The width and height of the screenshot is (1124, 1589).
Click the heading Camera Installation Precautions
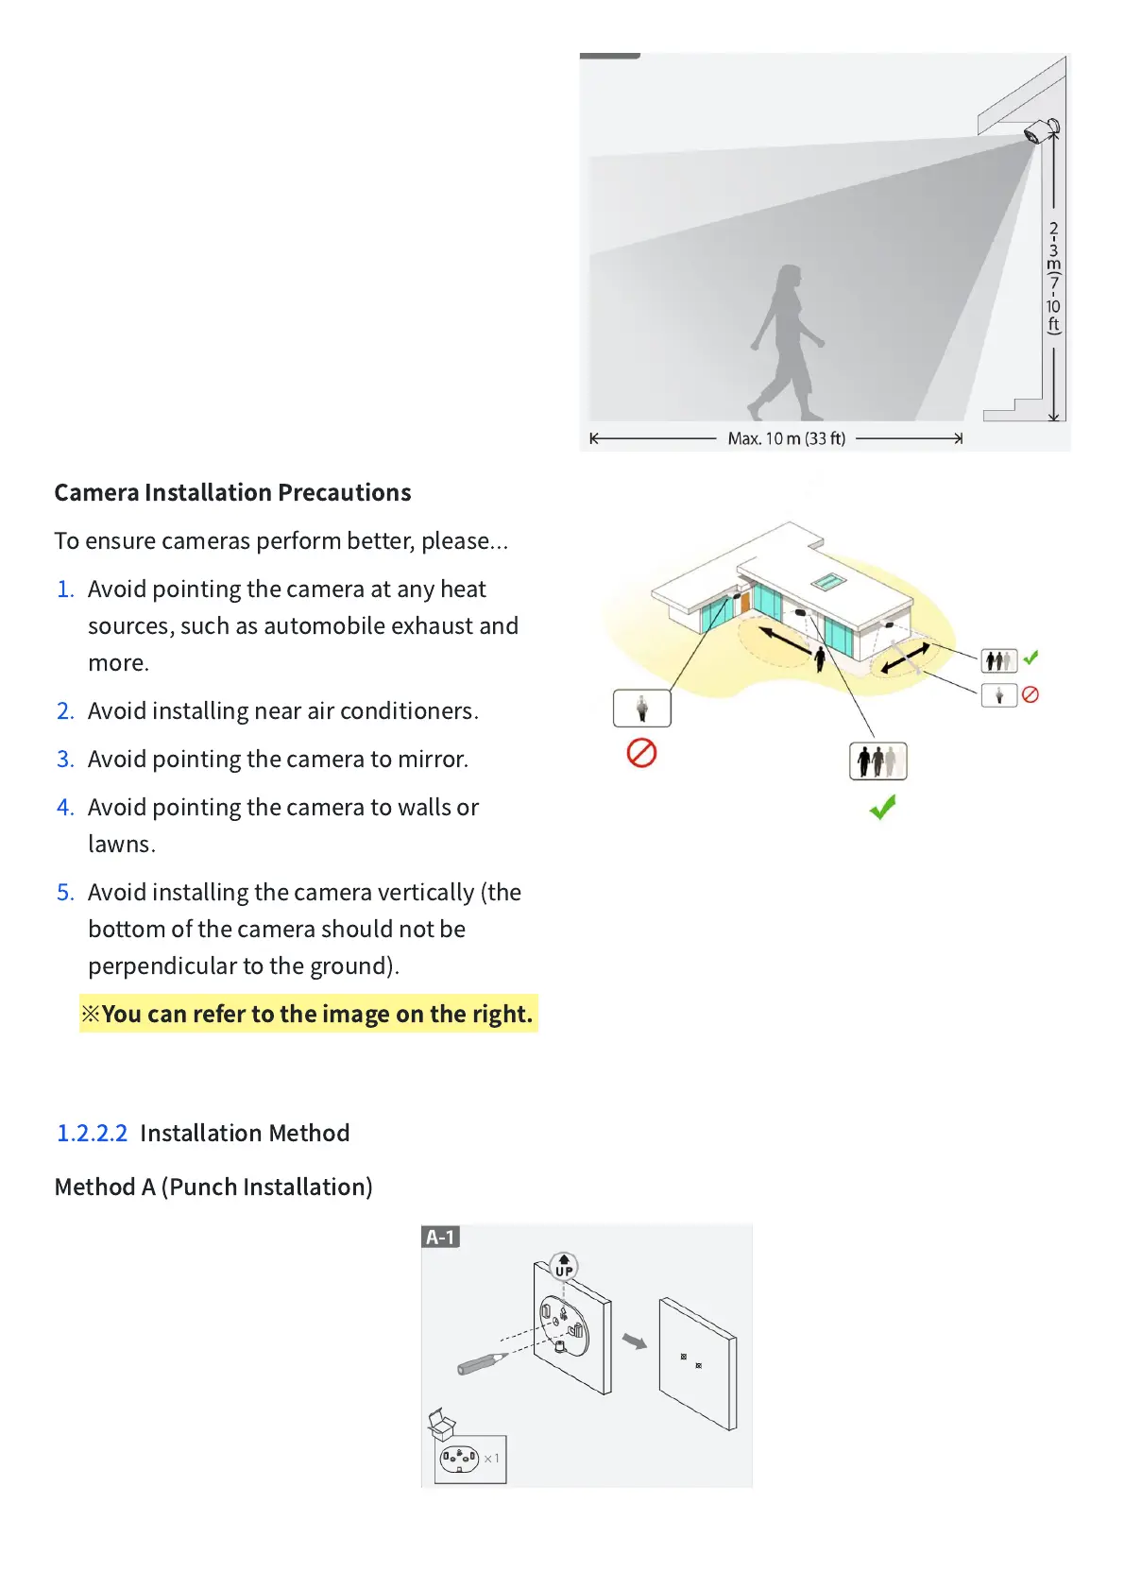point(232,492)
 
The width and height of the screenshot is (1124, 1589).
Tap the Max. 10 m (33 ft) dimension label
point(786,438)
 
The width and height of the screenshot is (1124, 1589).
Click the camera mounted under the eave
point(1042,130)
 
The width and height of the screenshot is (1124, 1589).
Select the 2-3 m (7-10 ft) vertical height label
point(1053,278)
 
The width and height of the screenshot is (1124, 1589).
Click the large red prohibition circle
point(641,753)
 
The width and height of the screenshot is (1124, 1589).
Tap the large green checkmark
point(882,807)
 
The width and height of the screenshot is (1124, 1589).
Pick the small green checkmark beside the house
point(1030,657)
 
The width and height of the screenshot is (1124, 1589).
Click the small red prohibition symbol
point(1030,694)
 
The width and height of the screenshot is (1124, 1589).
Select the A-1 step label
point(440,1237)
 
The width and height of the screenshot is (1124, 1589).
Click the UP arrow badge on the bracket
point(564,1266)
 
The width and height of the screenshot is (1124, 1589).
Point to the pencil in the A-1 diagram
point(481,1363)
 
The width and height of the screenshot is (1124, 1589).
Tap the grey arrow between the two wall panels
point(635,1341)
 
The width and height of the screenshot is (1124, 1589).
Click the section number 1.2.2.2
point(92,1133)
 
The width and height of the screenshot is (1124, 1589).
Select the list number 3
point(64,759)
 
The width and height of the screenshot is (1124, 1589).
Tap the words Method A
point(105,1187)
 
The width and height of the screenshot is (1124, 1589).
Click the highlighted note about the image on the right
point(308,1014)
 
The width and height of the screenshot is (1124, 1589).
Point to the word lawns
point(121,844)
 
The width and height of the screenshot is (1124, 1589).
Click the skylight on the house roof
point(827,581)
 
